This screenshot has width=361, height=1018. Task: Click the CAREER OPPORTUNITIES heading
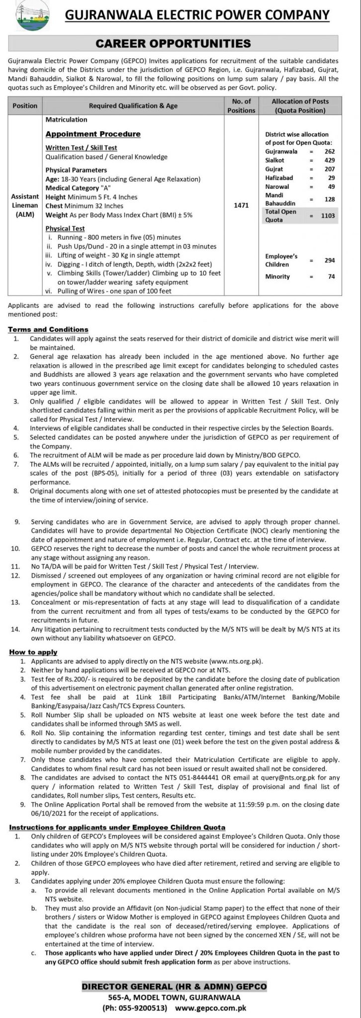pos(180,44)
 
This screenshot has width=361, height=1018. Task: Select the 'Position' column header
pos(24,105)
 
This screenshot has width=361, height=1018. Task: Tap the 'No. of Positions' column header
pos(241,105)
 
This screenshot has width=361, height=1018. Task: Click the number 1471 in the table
pos(241,206)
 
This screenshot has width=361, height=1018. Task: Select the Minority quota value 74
pos(331,276)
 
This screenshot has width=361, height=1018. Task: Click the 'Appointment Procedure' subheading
pos(93,134)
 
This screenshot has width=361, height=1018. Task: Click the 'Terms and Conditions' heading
pos(48,329)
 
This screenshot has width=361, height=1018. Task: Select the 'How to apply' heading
pos(32,652)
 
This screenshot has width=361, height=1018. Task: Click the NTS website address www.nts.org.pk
pos(234,662)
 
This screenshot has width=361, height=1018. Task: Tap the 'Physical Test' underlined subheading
pos(65,229)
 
